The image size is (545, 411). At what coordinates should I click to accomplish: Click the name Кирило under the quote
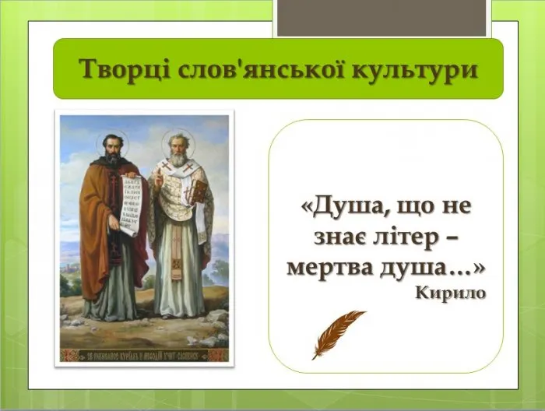pos(451,293)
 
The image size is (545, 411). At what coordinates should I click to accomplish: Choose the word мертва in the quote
pos(329,267)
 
